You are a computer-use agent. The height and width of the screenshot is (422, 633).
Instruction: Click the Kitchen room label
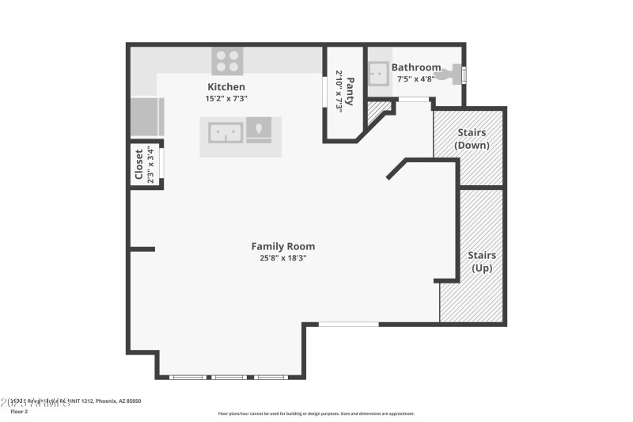click(226, 86)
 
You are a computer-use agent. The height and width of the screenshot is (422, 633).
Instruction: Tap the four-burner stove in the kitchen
click(227, 61)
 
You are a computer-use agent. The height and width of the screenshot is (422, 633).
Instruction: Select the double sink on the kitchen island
click(226, 131)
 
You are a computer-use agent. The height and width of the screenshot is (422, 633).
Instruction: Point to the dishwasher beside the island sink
click(259, 130)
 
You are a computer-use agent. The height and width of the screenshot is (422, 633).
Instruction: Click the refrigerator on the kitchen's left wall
click(146, 116)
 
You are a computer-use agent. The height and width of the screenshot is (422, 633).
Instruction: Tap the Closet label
click(139, 165)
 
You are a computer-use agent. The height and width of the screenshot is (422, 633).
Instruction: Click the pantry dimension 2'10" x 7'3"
click(339, 91)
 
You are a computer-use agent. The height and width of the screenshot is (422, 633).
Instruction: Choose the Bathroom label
click(416, 68)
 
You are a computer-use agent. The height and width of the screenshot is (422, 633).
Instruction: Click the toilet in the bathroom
click(453, 74)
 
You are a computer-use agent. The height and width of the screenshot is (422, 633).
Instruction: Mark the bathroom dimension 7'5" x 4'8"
click(416, 79)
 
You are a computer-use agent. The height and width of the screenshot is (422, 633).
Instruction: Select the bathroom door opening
click(413, 99)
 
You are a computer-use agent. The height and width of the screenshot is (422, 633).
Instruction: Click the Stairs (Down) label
click(472, 139)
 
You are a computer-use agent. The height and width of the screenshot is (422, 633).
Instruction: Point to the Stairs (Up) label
click(482, 261)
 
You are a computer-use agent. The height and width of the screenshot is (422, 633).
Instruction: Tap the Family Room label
click(282, 246)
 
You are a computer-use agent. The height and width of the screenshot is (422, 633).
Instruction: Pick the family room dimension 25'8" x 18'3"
click(282, 258)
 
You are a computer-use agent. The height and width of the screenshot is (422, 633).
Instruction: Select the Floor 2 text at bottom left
click(20, 412)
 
